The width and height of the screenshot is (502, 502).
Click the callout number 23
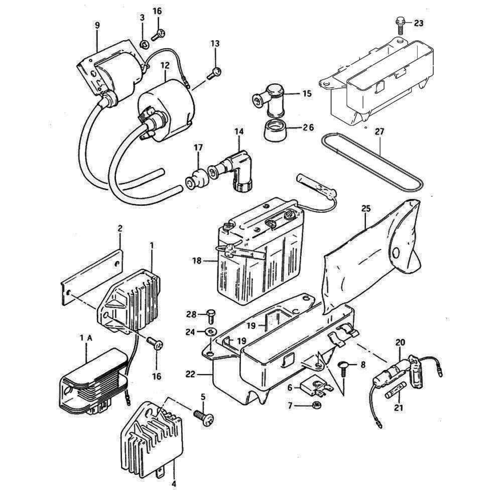tap(419, 23)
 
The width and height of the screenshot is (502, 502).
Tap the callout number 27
tap(381, 132)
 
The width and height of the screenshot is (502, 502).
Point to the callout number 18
tap(197, 261)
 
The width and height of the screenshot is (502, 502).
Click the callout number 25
tap(365, 209)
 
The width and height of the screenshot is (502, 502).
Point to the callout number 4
tap(174, 484)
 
